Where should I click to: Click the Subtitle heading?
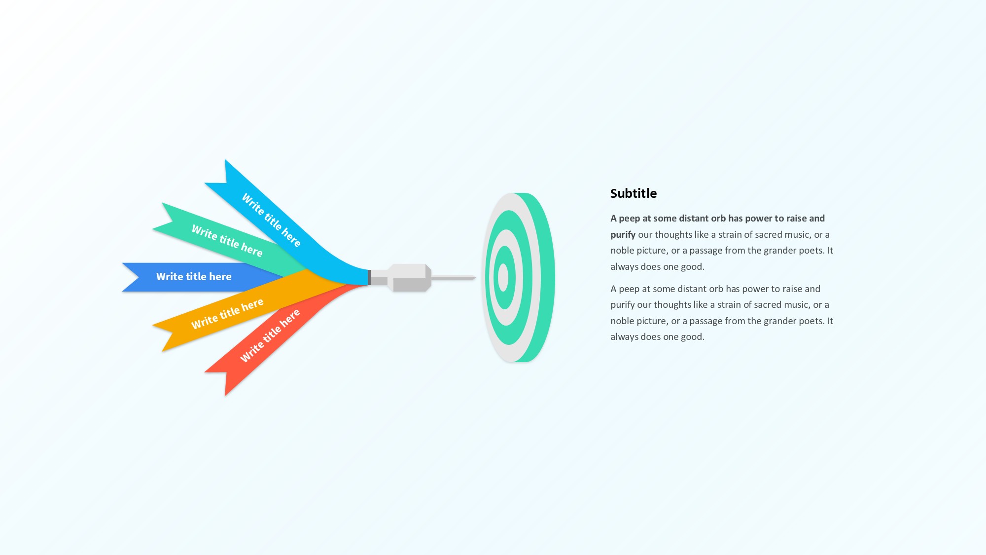tap(634, 193)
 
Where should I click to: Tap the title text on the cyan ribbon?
tap(271, 220)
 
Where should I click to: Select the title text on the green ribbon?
tap(227, 241)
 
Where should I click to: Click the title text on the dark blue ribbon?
tap(194, 277)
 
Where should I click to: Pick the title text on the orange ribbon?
tap(227, 314)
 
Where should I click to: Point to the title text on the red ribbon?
tap(270, 335)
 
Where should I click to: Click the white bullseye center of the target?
tap(503, 278)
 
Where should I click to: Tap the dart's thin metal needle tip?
tap(474, 278)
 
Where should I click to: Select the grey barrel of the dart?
tap(409, 278)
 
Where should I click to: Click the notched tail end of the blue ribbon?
tap(131, 277)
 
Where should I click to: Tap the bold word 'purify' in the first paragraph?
tap(623, 235)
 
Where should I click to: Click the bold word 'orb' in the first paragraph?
tap(718, 218)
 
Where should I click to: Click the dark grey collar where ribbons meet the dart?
tap(369, 277)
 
